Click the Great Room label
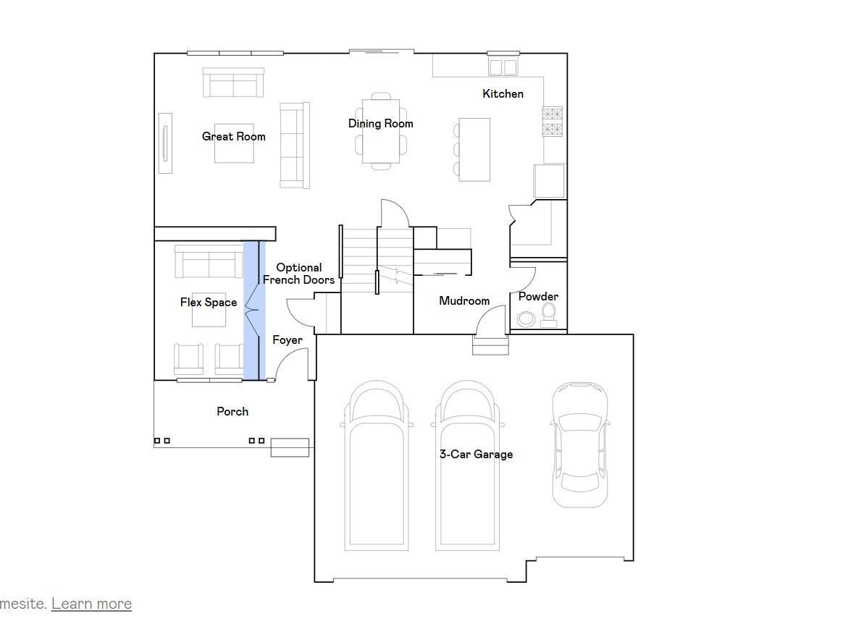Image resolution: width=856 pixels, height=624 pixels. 233,136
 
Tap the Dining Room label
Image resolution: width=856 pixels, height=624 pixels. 380,124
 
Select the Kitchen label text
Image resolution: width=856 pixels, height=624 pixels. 503,93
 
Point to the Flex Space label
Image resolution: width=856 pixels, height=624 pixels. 209,303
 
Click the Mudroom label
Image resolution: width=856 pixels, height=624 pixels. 464,300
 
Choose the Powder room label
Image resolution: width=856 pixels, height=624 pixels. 538,297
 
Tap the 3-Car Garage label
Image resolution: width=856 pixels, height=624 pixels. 476,455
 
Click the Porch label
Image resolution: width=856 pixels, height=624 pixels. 232,411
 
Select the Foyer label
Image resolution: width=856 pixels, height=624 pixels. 288,340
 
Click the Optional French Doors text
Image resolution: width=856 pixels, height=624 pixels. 298,274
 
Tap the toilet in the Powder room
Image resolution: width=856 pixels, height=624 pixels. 549,314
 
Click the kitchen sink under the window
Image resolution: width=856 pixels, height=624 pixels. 503,67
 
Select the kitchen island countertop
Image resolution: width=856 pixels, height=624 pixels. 474,150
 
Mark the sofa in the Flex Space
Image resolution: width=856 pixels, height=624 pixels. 209,262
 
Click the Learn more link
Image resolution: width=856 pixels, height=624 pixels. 91,604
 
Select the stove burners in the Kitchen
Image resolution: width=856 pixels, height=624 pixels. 553,122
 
